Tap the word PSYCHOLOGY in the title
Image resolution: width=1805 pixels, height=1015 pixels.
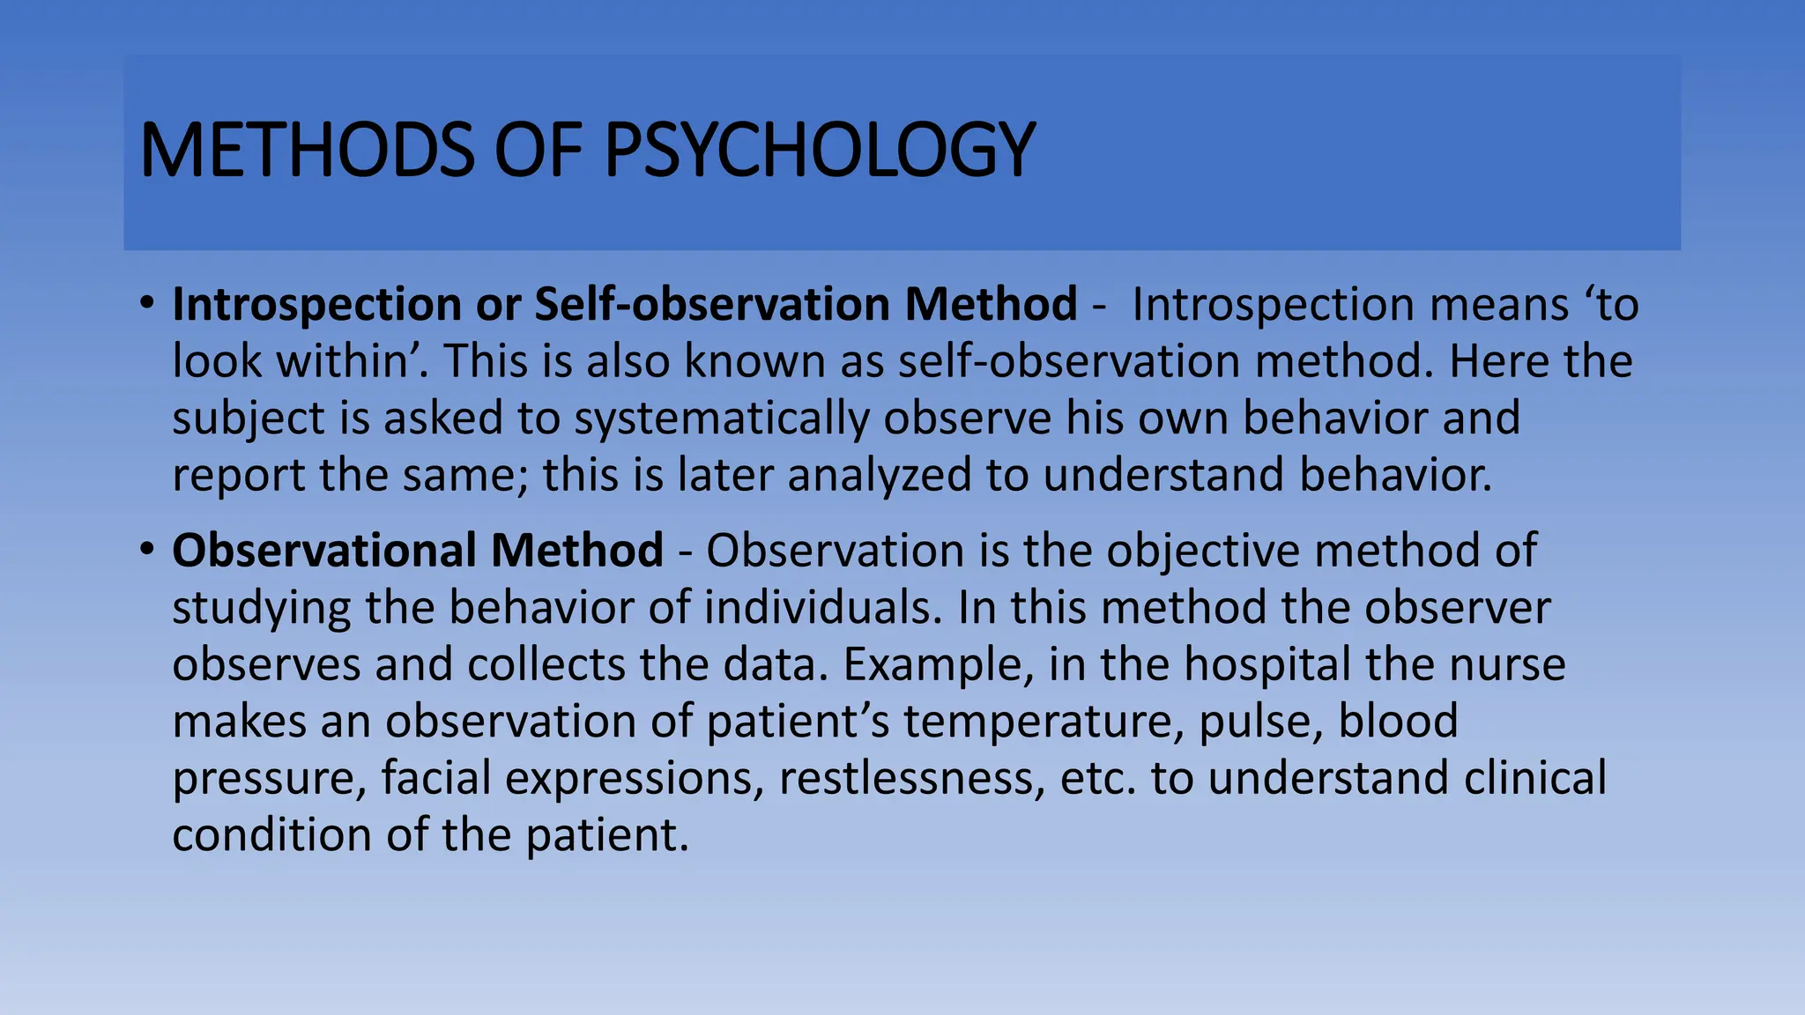pyautogui.click(x=819, y=150)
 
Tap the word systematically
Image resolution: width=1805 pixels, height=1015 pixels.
pyautogui.click(x=722, y=418)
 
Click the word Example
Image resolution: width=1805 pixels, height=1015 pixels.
pyautogui.click(x=937, y=663)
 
